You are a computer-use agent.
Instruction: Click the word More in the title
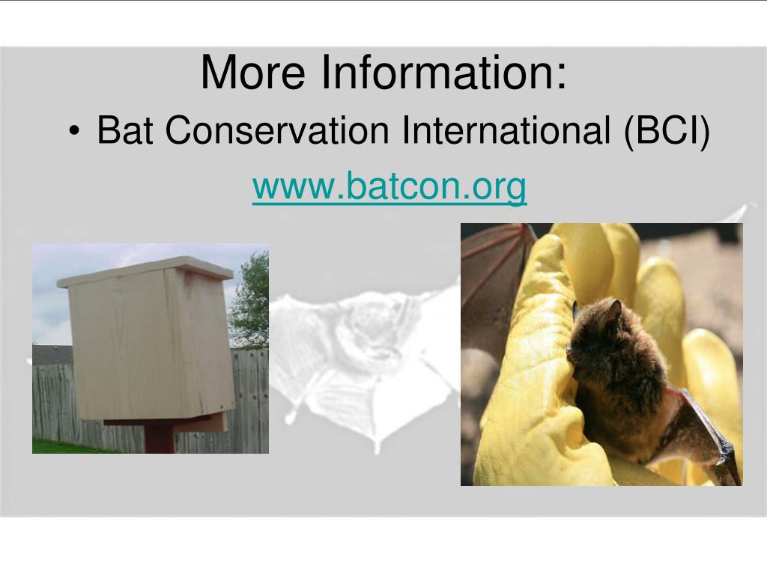(x=252, y=72)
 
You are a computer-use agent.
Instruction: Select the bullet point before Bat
(x=74, y=131)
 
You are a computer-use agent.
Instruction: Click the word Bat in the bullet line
(x=125, y=130)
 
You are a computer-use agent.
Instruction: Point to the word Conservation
(x=277, y=130)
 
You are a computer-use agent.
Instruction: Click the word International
(x=506, y=130)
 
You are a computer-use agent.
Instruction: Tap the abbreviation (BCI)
(x=667, y=131)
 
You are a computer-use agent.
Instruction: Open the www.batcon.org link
(x=389, y=186)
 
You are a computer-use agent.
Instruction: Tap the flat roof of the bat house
(x=145, y=270)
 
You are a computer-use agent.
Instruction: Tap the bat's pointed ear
(x=613, y=310)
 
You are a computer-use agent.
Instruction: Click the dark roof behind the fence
(x=52, y=356)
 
